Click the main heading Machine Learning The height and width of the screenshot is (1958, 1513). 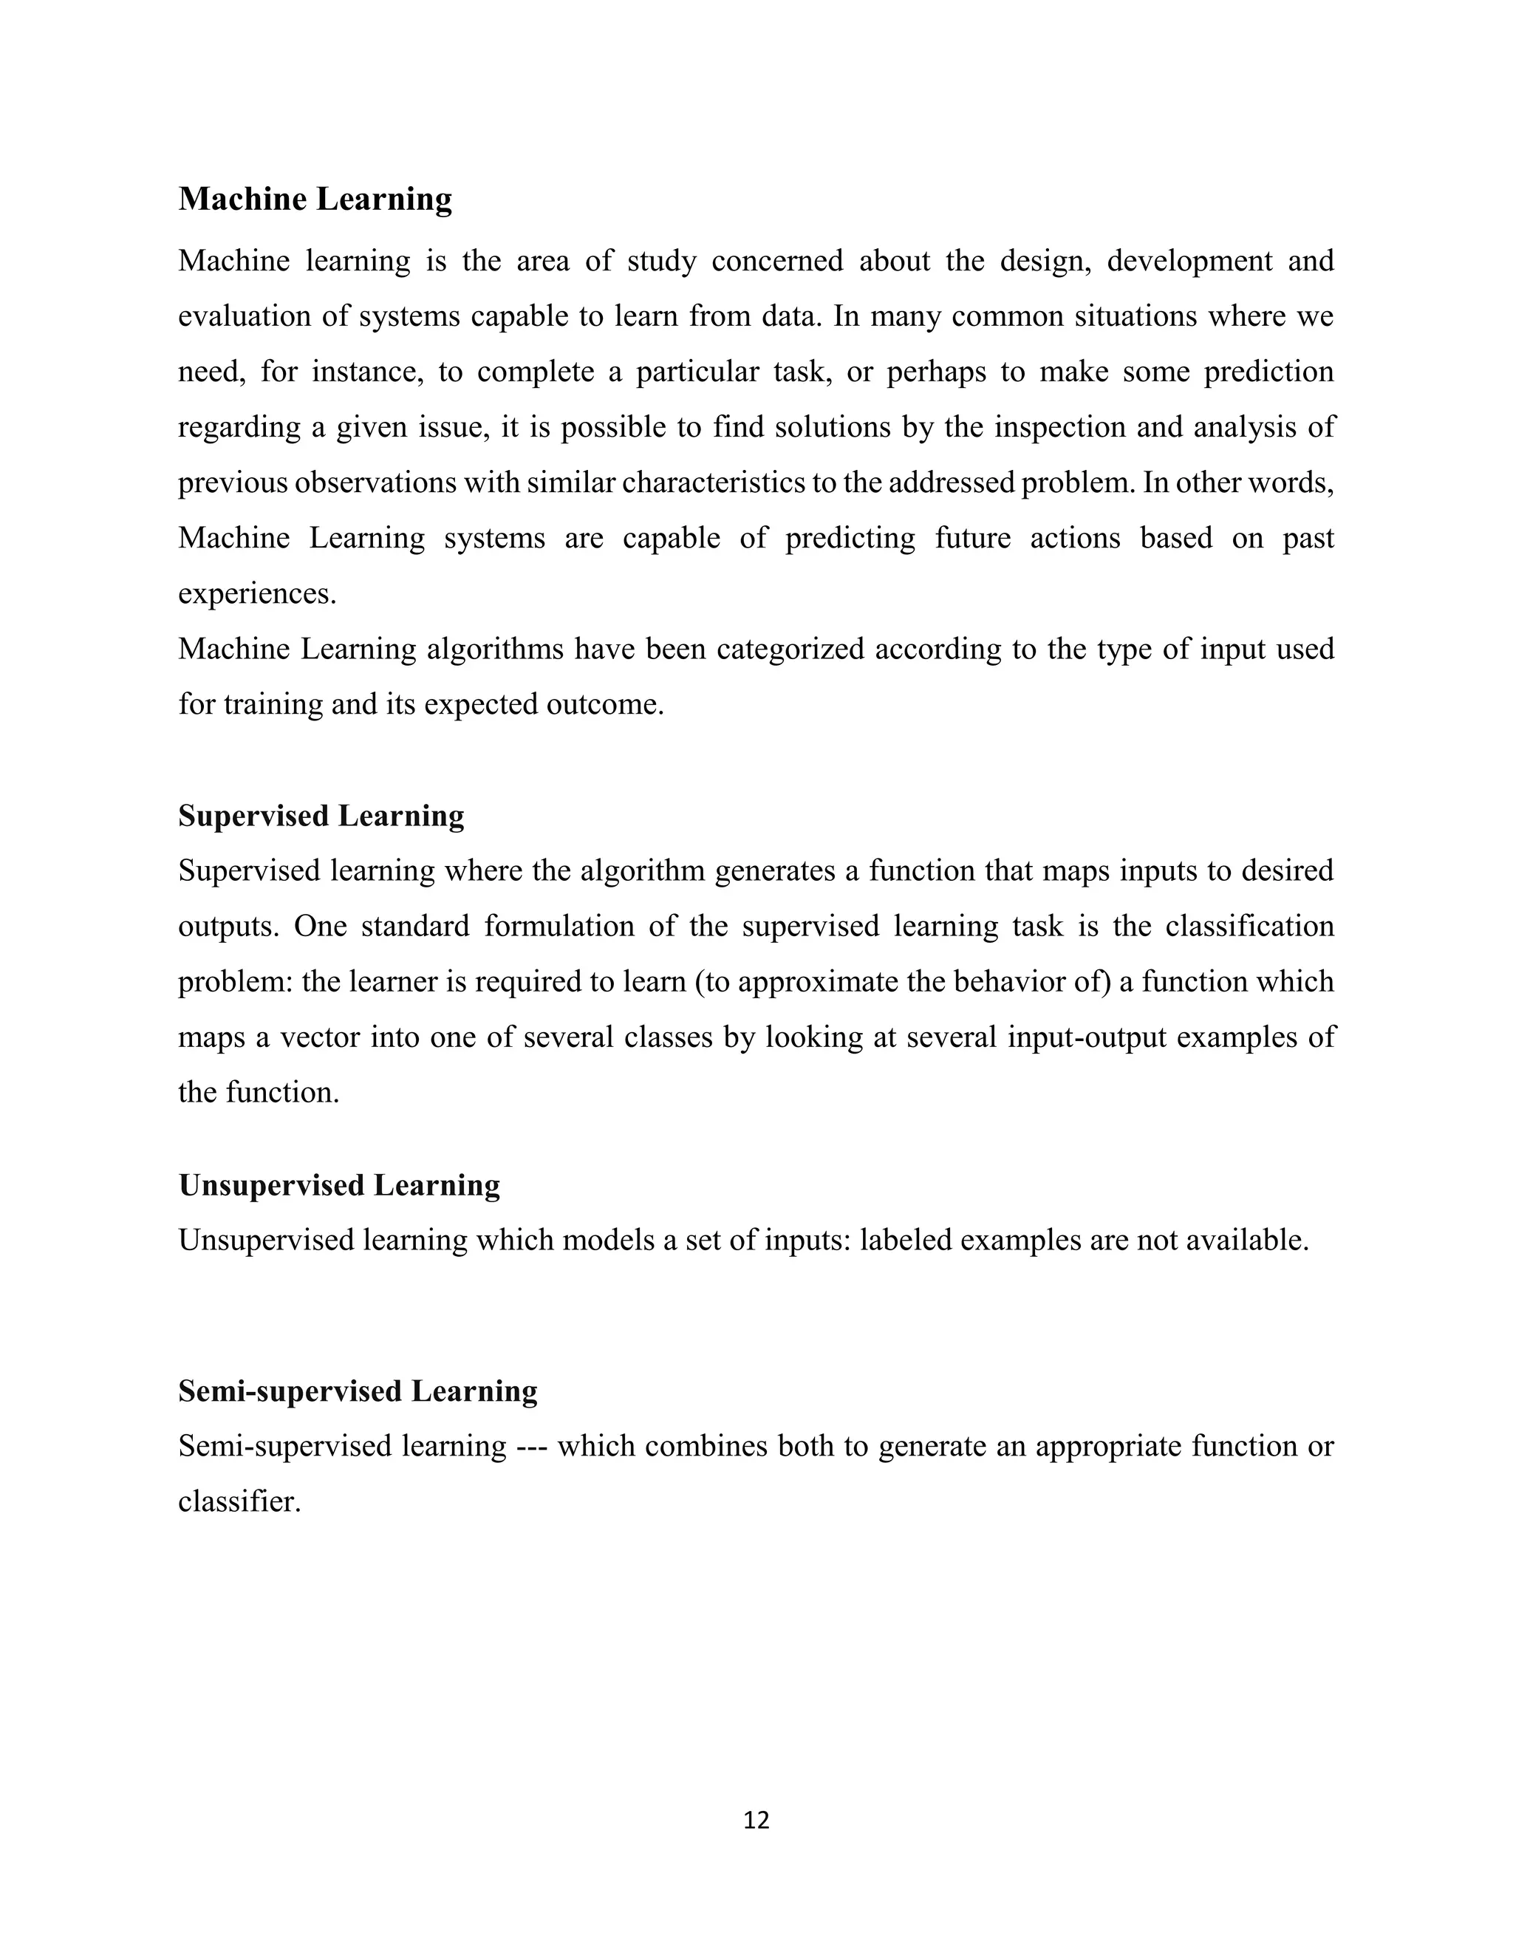[x=315, y=199]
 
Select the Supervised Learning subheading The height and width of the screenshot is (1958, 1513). [x=321, y=816]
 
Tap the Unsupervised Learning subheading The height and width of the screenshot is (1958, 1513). [x=339, y=1185]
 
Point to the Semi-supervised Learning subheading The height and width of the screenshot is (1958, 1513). [x=358, y=1391]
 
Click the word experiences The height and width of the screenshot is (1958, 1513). [x=256, y=594]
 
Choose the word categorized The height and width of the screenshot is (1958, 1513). [x=790, y=649]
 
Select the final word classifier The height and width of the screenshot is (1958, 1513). [x=239, y=1501]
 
